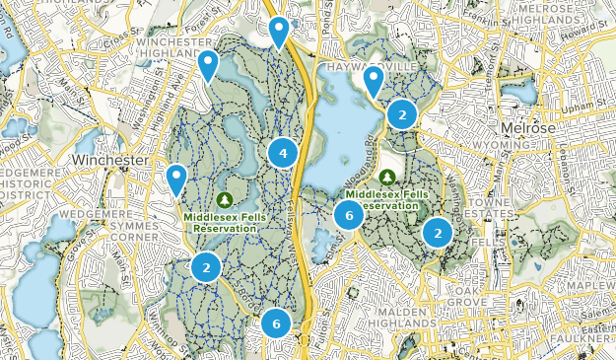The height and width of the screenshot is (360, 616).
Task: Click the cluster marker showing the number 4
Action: [x=283, y=153]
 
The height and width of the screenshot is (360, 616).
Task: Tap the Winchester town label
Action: [x=109, y=159]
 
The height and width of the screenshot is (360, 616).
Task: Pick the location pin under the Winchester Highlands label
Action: [x=208, y=65]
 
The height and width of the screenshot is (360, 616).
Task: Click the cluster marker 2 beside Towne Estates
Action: [x=437, y=232]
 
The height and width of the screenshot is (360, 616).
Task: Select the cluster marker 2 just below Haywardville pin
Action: [x=401, y=114]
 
